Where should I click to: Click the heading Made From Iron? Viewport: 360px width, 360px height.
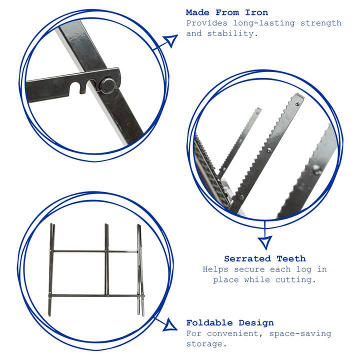(226, 12)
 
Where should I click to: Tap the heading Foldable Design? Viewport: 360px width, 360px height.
(230, 323)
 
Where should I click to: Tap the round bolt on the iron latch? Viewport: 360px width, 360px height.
(108, 85)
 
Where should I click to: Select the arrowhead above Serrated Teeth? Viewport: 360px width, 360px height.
(264, 242)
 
